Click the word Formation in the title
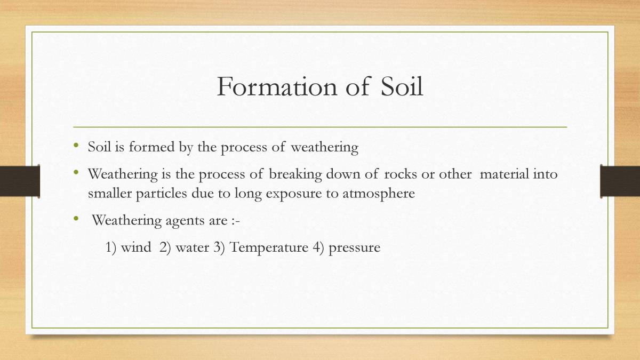pyautogui.click(x=276, y=86)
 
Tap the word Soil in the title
pyautogui.click(x=402, y=86)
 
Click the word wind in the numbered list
pyautogui.click(x=136, y=247)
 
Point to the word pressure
pyautogui.click(x=354, y=247)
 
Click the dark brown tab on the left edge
pyautogui.click(x=20, y=181)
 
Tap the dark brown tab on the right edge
pyautogui.click(x=620, y=181)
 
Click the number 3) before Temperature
pyautogui.click(x=219, y=247)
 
